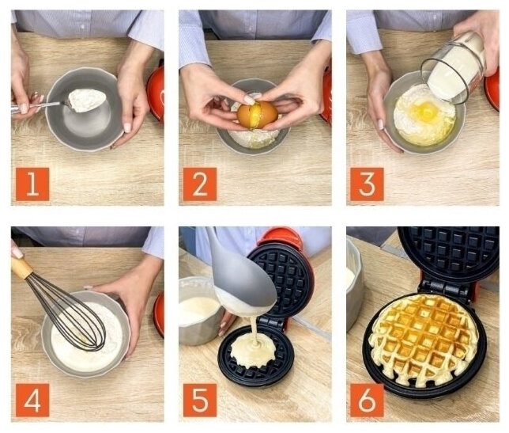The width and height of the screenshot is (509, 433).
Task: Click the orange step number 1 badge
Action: pyautogui.click(x=32, y=184)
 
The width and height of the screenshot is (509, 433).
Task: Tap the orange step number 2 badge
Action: pyautogui.click(x=200, y=184)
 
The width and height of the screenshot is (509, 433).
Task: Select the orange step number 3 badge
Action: pyautogui.click(x=367, y=184)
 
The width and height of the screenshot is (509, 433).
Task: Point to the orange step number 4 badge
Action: pyautogui.click(x=32, y=401)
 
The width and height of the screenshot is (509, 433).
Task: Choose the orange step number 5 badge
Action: pyautogui.click(x=200, y=401)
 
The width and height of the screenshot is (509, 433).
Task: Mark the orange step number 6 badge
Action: pyautogui.click(x=367, y=401)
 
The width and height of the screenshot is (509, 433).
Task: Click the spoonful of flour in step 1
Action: pyautogui.click(x=86, y=100)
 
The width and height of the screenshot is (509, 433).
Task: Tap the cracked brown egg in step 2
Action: pyautogui.click(x=258, y=115)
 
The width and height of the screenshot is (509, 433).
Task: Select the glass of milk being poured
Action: pyautogui.click(x=453, y=68)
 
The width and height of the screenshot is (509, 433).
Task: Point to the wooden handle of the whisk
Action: pyautogui.click(x=21, y=268)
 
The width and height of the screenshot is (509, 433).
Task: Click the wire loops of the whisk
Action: pyautogui.click(x=70, y=312)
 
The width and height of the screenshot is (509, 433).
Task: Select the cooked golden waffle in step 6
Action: pyautogui.click(x=424, y=340)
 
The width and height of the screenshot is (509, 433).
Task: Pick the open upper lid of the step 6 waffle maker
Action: pyautogui.click(x=448, y=249)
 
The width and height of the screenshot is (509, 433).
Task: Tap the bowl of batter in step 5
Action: pyautogui.click(x=198, y=310)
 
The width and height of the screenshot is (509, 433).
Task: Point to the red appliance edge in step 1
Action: pyautogui.click(x=156, y=93)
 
